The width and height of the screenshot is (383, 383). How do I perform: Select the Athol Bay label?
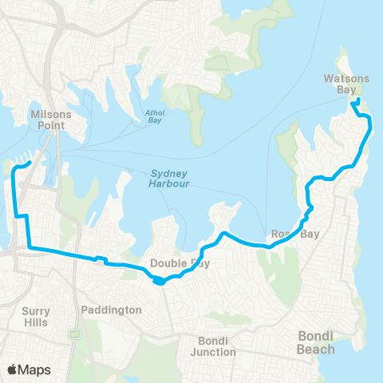155,116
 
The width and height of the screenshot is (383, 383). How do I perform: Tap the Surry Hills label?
35,317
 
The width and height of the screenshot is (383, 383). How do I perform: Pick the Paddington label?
111,310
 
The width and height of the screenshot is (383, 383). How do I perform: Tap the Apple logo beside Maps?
12,369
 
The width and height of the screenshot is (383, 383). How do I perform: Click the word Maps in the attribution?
34,369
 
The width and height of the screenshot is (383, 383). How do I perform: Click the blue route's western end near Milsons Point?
30,163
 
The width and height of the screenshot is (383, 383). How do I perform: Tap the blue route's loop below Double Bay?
160,280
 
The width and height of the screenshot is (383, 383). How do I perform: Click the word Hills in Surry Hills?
35,322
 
